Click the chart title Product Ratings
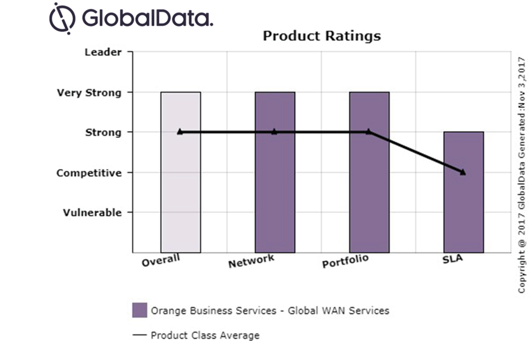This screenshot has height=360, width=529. pos(322,36)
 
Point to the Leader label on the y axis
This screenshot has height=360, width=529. pos(103,52)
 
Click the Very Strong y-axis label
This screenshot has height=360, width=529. pos(89,93)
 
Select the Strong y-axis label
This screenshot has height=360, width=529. pos(103,133)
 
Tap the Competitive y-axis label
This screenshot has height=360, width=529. pos(89,173)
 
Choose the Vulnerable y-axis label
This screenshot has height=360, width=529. pos(92,213)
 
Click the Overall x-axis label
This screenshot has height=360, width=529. pos(161,261)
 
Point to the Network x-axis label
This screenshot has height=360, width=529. pos(252,261)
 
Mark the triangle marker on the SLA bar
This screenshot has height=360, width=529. pos(463,172)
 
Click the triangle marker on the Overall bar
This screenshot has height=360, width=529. pos(180,132)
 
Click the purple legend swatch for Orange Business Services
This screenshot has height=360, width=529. pos(140,310)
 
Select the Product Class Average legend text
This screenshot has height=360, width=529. pos(205,335)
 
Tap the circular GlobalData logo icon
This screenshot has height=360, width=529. pos(62,17)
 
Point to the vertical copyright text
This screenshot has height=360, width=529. pos(521,175)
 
